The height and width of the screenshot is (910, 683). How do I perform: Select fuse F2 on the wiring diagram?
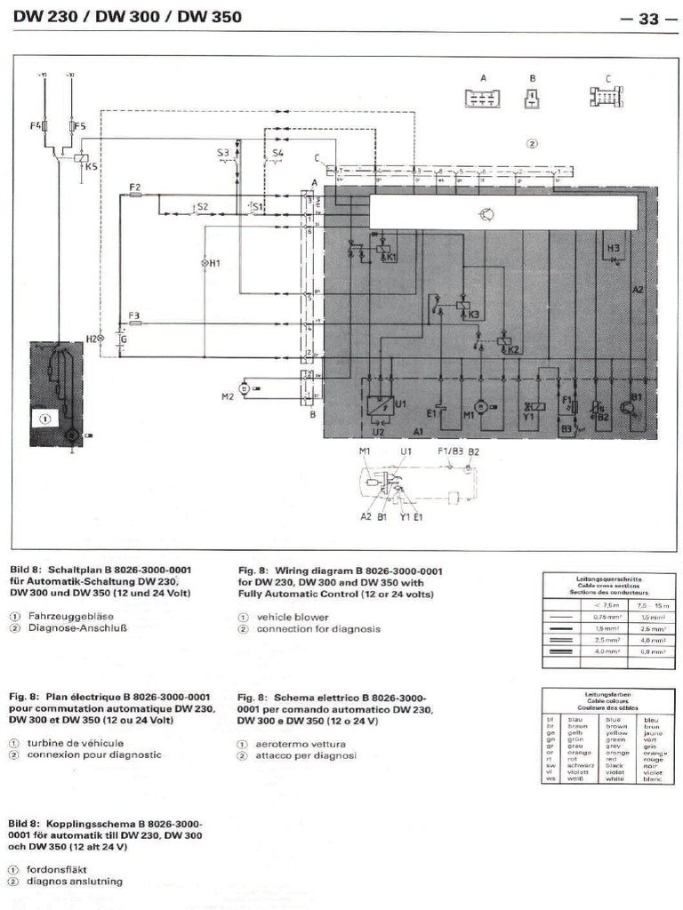click(135, 196)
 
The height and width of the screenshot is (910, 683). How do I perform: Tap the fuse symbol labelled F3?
click(135, 324)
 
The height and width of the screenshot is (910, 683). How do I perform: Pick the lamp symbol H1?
click(204, 264)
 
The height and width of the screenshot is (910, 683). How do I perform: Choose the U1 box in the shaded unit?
click(377, 408)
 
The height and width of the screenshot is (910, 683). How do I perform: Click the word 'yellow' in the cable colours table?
click(615, 733)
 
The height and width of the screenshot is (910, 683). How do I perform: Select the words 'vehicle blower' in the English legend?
click(293, 617)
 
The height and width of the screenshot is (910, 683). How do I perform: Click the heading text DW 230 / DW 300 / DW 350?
click(126, 17)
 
